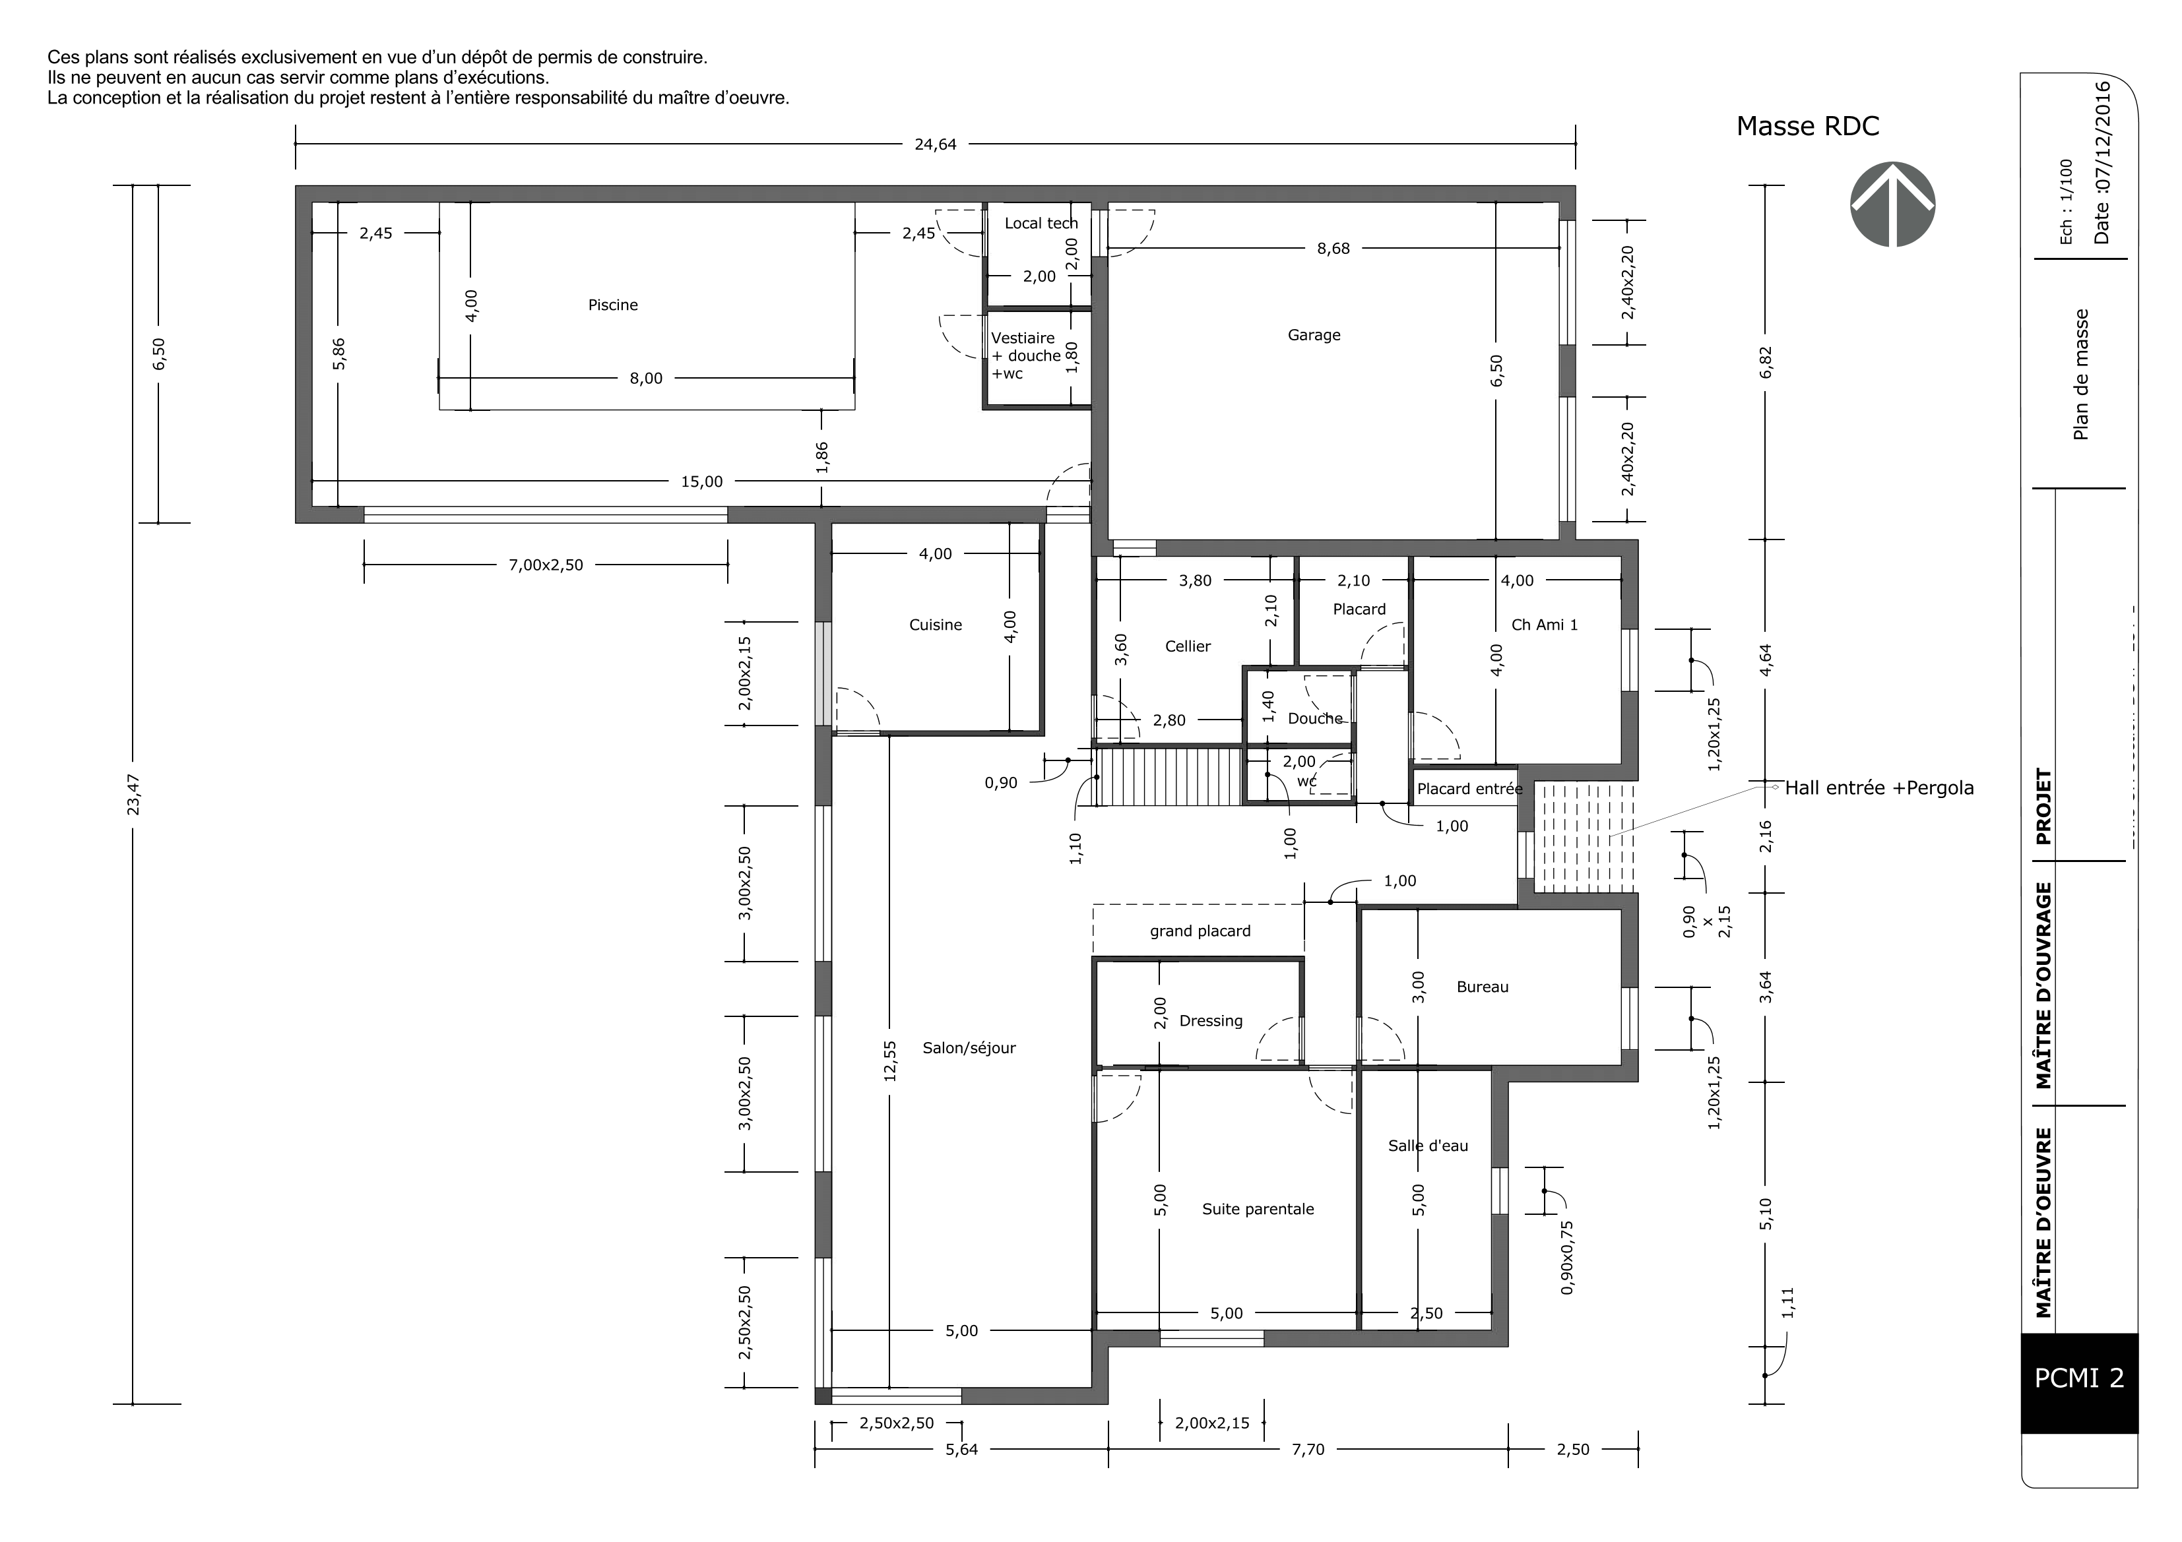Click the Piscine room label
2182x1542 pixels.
[x=613, y=305]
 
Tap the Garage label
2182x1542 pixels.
[x=1314, y=334]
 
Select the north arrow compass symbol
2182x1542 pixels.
[x=1892, y=204]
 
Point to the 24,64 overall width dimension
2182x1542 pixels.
[x=935, y=144]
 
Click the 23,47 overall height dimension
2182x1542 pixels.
[x=134, y=793]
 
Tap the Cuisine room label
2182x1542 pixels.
[x=935, y=624]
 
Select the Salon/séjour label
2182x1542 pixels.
[x=969, y=1048]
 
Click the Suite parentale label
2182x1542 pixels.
[x=1258, y=1208]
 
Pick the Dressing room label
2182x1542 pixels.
[x=1210, y=1020]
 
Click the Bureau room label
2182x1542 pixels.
[x=1481, y=986]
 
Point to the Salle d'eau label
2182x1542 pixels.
[x=1427, y=1146]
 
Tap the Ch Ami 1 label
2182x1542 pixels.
[x=1545, y=624]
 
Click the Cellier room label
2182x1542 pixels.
[x=1187, y=646]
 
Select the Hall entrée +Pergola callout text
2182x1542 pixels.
[x=1879, y=787]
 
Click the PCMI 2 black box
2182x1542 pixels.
[x=2078, y=1378]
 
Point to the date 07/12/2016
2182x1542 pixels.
[x=2102, y=162]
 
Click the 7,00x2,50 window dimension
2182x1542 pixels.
[x=546, y=565]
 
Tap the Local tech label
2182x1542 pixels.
[x=1041, y=224]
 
